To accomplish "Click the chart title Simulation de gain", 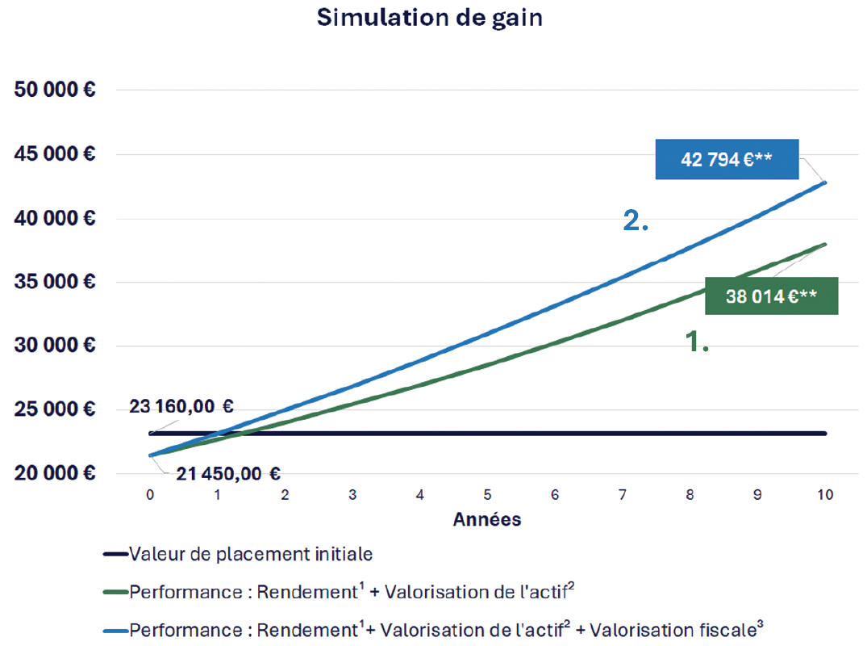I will [x=429, y=18].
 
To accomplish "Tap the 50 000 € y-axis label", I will [x=56, y=90].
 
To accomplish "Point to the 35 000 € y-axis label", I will [x=56, y=282].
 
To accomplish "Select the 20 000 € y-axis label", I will [x=56, y=473].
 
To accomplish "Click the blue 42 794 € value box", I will [x=727, y=159].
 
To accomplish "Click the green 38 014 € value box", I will [x=771, y=296].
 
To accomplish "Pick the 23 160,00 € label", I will [x=181, y=407].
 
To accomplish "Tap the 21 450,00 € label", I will [x=229, y=474].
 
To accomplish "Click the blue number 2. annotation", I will [x=636, y=221].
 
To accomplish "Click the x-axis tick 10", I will [x=825, y=494].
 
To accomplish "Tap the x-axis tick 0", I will [x=151, y=494].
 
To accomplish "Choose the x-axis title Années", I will [x=487, y=519].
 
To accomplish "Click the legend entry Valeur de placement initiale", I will [x=250, y=555].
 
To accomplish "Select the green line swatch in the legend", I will [x=115, y=592].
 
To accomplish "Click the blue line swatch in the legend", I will [x=115, y=629].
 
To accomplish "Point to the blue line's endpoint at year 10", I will [x=825, y=182].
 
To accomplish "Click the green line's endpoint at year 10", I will [x=825, y=244].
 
